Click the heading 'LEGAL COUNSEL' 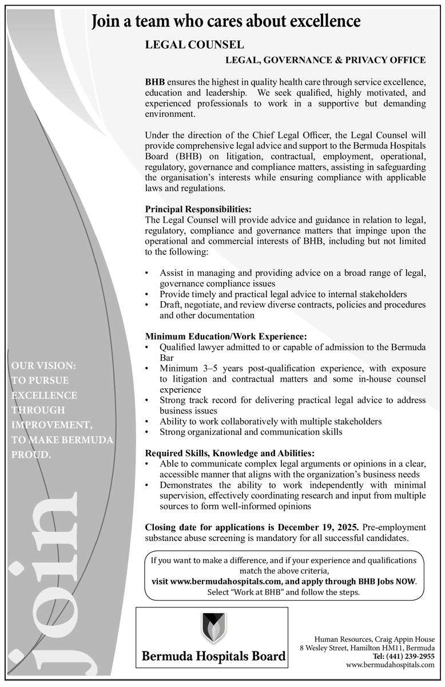(194, 44)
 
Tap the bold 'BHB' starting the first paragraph (154, 82)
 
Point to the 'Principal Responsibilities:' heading (198, 210)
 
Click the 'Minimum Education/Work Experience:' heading (226, 336)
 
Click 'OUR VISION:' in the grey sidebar (43, 365)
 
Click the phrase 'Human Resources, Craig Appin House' (375, 639)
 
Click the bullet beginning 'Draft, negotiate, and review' (293, 305)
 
